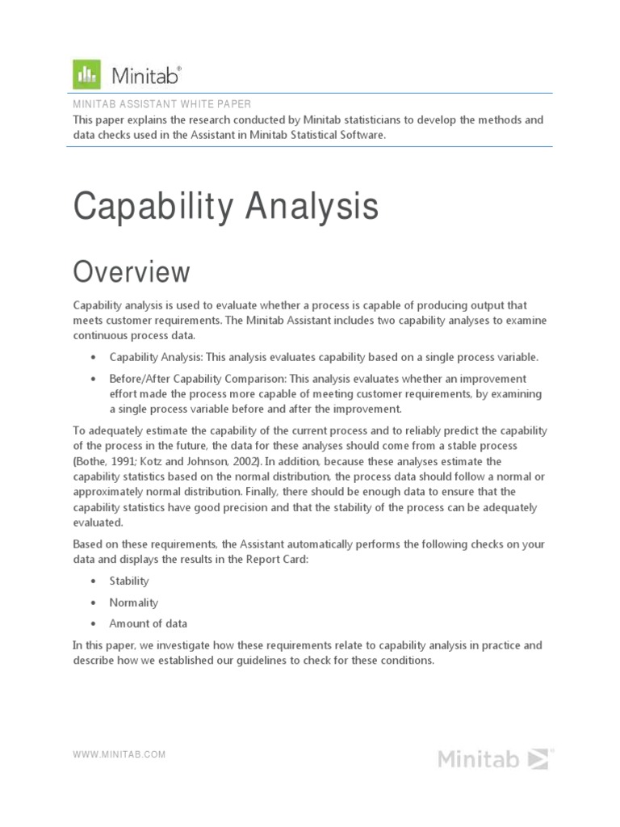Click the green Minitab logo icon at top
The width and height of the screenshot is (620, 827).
pyautogui.click(x=86, y=74)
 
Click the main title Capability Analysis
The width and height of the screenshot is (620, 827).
pyautogui.click(x=225, y=206)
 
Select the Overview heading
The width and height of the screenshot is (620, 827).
pyautogui.click(x=132, y=272)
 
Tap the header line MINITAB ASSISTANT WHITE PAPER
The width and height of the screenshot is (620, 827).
pyautogui.click(x=161, y=104)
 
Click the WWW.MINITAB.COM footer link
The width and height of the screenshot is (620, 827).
pyautogui.click(x=119, y=754)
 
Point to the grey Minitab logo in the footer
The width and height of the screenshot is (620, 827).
pyautogui.click(x=495, y=759)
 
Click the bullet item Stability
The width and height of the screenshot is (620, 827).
pyautogui.click(x=129, y=581)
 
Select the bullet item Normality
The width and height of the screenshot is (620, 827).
pyautogui.click(x=133, y=602)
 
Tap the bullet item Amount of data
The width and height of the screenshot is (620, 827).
pyautogui.click(x=148, y=623)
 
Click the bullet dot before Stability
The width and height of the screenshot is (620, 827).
pyautogui.click(x=94, y=581)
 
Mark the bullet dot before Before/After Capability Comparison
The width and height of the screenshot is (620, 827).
pyautogui.click(x=94, y=379)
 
